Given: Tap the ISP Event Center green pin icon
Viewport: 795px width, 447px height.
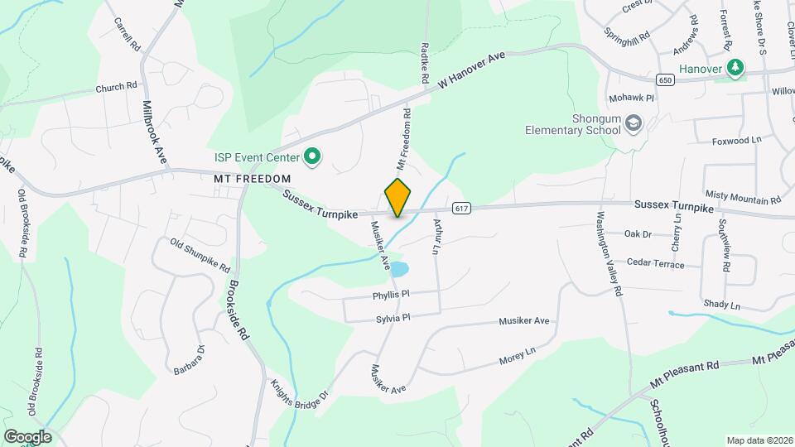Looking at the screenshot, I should point(312,156).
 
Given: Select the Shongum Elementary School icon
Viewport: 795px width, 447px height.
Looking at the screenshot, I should point(634,124).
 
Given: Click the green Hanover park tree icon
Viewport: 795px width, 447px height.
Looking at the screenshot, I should point(735,68).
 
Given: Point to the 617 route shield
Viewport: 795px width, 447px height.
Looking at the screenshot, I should point(462,208).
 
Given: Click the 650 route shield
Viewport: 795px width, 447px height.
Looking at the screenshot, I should point(665,80).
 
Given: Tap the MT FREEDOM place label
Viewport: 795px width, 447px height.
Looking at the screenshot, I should point(252,179).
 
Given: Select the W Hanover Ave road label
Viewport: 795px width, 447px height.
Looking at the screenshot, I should point(471,71).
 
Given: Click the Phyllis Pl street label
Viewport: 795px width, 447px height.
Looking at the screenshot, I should point(392,294).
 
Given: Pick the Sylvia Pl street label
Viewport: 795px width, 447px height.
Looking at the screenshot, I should point(393,317).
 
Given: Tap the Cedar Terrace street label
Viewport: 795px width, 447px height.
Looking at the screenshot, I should point(656,264).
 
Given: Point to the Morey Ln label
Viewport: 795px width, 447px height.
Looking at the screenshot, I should point(518,358).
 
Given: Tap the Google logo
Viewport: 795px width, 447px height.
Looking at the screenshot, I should point(27,436).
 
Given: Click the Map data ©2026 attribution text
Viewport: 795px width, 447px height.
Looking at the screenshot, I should point(758,440).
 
